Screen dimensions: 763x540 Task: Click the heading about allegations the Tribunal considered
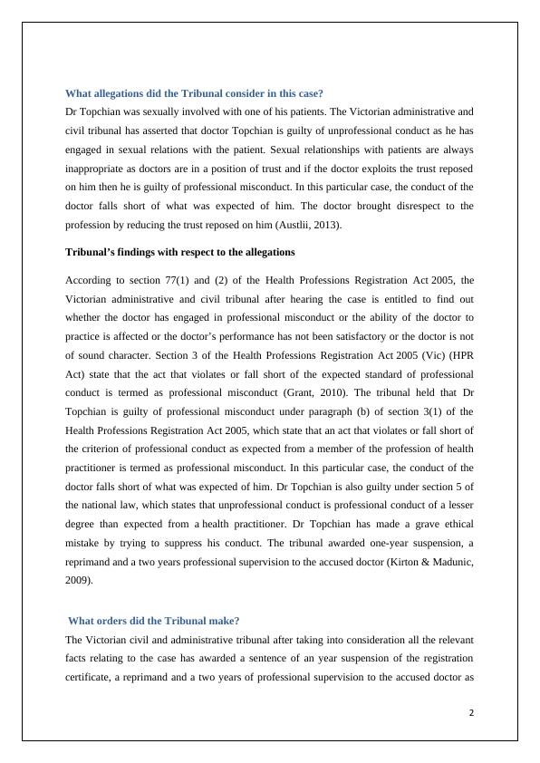pos(194,93)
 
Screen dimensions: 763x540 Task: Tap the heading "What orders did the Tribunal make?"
pos(154,621)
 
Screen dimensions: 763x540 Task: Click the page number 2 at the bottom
pos(471,711)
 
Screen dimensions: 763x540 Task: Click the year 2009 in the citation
pos(79,583)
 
